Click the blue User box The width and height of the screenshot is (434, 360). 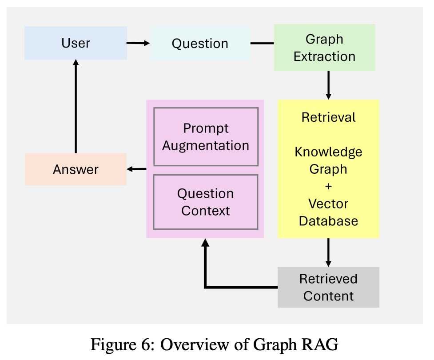click(x=76, y=43)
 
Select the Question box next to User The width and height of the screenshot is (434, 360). click(x=200, y=44)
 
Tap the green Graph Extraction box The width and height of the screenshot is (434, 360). click(x=324, y=48)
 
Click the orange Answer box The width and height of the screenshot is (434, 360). click(x=76, y=169)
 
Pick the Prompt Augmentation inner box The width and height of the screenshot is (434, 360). click(x=206, y=137)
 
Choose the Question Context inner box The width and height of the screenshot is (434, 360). click(x=206, y=202)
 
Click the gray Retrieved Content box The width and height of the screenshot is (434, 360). click(x=328, y=287)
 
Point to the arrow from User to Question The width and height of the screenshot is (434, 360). click(x=138, y=43)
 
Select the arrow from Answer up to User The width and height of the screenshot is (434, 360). click(x=76, y=107)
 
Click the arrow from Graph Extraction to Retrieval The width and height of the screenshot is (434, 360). click(x=328, y=85)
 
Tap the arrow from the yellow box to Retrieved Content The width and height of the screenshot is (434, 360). click(x=328, y=252)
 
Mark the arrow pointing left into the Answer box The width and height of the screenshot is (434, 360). click(x=136, y=169)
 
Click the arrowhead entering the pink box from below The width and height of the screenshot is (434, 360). click(x=205, y=243)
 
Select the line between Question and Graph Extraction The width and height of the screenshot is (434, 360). click(x=262, y=44)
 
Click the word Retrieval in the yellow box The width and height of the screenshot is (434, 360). click(x=328, y=117)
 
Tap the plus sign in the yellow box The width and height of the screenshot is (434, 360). click(x=328, y=187)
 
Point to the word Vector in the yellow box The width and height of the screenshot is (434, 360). click(x=328, y=204)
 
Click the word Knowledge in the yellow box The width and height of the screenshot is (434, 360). click(x=328, y=152)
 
